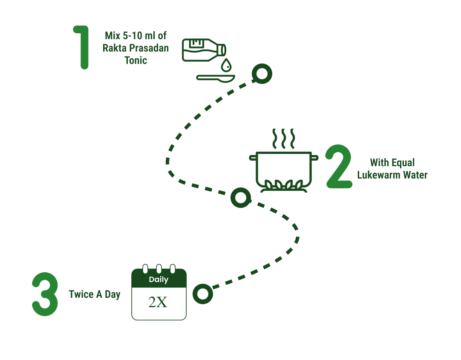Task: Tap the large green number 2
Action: click(x=339, y=167)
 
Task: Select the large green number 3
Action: click(x=45, y=294)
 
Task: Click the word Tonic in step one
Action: click(x=136, y=60)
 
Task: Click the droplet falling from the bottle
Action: click(x=226, y=65)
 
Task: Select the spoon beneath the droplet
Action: click(x=216, y=78)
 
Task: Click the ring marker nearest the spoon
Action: click(x=262, y=74)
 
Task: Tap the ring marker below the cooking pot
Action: click(x=240, y=198)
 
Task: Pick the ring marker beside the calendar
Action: click(x=202, y=294)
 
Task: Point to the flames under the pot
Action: click(x=283, y=185)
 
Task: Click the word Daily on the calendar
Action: click(x=158, y=280)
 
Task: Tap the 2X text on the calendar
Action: click(x=158, y=302)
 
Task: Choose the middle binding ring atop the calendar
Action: click(x=159, y=269)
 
